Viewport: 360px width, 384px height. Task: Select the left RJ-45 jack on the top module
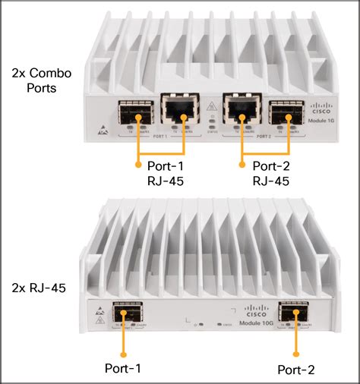[176, 113]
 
